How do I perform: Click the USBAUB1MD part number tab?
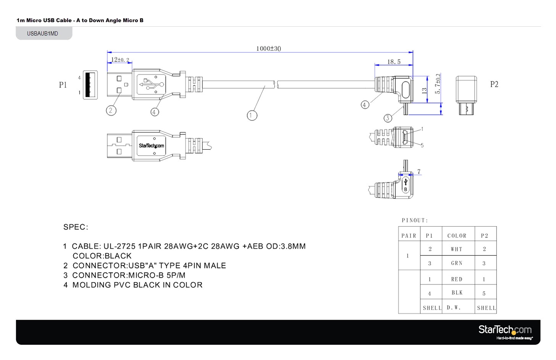[x=43, y=34]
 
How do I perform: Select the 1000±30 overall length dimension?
[x=268, y=48]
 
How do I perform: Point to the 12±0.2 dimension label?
[x=120, y=60]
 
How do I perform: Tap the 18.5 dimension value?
[x=394, y=61]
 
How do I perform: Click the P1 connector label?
[x=63, y=85]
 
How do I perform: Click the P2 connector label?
[x=494, y=84]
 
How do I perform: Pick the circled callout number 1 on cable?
[x=252, y=115]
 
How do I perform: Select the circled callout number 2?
[x=111, y=110]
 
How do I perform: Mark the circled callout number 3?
[x=388, y=118]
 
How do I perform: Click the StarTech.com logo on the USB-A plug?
[x=151, y=145]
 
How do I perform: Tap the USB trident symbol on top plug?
[x=150, y=84]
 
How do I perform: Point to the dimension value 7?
[x=419, y=171]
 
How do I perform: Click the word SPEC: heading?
[x=76, y=227]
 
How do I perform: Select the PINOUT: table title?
[x=415, y=220]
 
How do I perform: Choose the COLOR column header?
[x=457, y=236]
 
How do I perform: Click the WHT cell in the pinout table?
[x=456, y=249]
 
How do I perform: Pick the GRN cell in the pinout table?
[x=456, y=263]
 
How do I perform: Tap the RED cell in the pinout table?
[x=456, y=279]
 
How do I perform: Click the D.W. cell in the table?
[x=454, y=308]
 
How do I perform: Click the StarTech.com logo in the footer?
[x=505, y=331]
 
